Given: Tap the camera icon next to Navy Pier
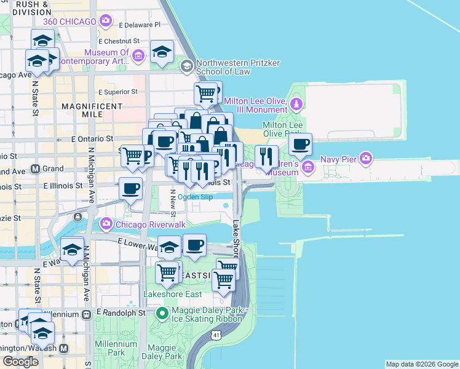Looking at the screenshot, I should click(x=367, y=159).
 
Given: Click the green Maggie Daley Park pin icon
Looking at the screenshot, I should click(x=162, y=314).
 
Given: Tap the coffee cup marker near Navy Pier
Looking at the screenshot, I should click(x=300, y=145).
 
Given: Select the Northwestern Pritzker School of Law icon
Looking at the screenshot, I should click(x=185, y=66).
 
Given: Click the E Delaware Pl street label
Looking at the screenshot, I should click(x=140, y=25).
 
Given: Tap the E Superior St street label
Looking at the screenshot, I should click(x=118, y=92).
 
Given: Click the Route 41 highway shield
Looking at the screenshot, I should click(x=215, y=335).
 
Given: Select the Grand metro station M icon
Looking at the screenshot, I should click(x=36, y=168).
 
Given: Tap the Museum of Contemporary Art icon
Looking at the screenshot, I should click(x=138, y=57).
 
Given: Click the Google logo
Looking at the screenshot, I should click(x=20, y=362).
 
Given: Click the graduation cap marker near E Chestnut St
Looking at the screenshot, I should click(x=162, y=52).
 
